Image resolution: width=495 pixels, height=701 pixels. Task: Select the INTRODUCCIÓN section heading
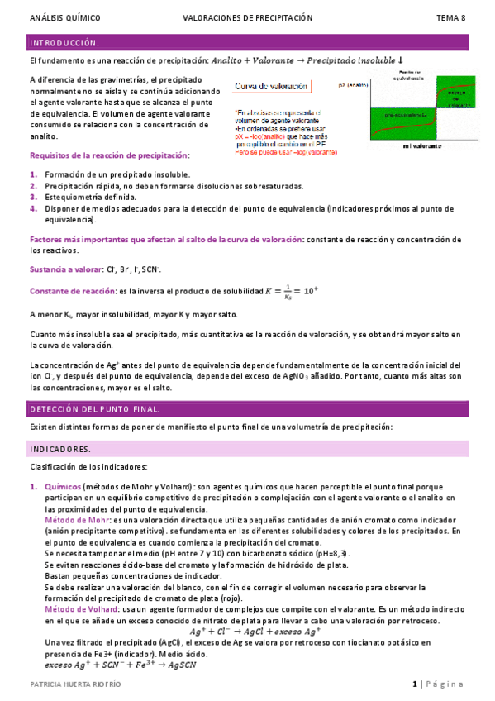64,42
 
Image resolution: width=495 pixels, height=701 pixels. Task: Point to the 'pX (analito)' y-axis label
354,84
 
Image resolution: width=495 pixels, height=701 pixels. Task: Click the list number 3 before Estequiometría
33,197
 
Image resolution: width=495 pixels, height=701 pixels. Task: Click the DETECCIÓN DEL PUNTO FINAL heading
95,409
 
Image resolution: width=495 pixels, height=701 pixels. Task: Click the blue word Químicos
62,487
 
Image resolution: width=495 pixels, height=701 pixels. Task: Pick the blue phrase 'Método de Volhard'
80,608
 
